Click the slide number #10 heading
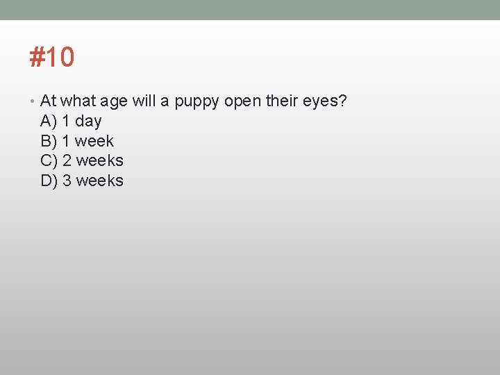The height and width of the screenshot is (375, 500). coord(51,57)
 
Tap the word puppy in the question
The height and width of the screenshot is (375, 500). coord(197,101)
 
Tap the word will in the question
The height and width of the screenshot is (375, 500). coord(144,101)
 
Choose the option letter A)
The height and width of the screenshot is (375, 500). coord(49,122)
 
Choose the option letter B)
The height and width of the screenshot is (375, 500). coord(49,141)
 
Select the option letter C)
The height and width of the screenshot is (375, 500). coord(49,161)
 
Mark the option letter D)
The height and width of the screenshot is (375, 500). coord(49,181)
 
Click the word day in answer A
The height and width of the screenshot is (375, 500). coord(88,122)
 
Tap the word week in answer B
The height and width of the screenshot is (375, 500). coord(94,141)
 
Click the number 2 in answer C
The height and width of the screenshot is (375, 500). coord(67,161)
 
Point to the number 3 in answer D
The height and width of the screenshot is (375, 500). coord(67,181)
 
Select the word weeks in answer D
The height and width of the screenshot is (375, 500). coord(99,181)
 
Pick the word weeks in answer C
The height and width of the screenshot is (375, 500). coord(99,161)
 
